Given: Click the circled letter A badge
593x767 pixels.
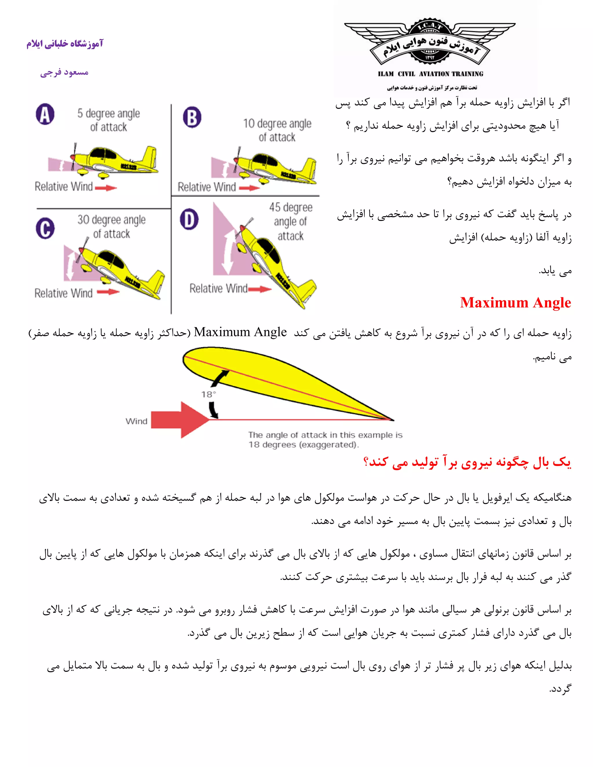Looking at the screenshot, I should [x=45, y=114].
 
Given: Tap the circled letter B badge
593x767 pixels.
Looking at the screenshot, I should [x=192, y=117].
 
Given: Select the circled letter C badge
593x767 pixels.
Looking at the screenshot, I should [x=45, y=228].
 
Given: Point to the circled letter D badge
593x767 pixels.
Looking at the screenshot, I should [x=189, y=219].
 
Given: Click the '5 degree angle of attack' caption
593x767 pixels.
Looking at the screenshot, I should [x=109, y=120].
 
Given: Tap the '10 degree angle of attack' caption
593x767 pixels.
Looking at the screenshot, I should [x=277, y=130].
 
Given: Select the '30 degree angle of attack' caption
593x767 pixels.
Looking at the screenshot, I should [x=111, y=227].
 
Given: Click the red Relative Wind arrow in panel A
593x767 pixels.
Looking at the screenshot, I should [x=106, y=188].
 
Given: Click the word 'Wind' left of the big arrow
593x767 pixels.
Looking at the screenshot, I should [x=136, y=421].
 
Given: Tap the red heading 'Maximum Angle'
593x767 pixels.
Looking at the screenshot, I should [x=515, y=303].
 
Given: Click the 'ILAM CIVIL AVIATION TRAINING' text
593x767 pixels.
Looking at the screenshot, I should [x=430, y=74].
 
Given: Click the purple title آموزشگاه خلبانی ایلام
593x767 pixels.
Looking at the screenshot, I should [x=65, y=44].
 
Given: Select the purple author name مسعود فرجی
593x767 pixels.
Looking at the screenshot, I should [x=64, y=73].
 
